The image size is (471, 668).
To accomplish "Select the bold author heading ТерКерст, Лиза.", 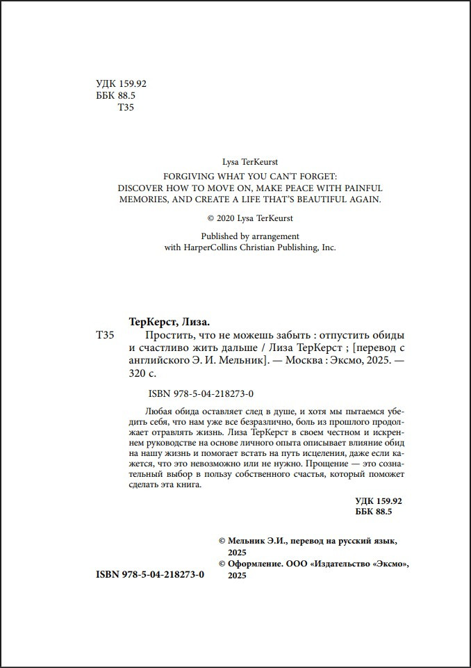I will (x=170, y=322).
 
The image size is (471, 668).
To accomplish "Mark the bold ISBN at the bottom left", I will (x=149, y=575).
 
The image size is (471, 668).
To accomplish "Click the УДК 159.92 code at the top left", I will (x=121, y=83).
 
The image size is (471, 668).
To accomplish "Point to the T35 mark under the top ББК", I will (x=126, y=107).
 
